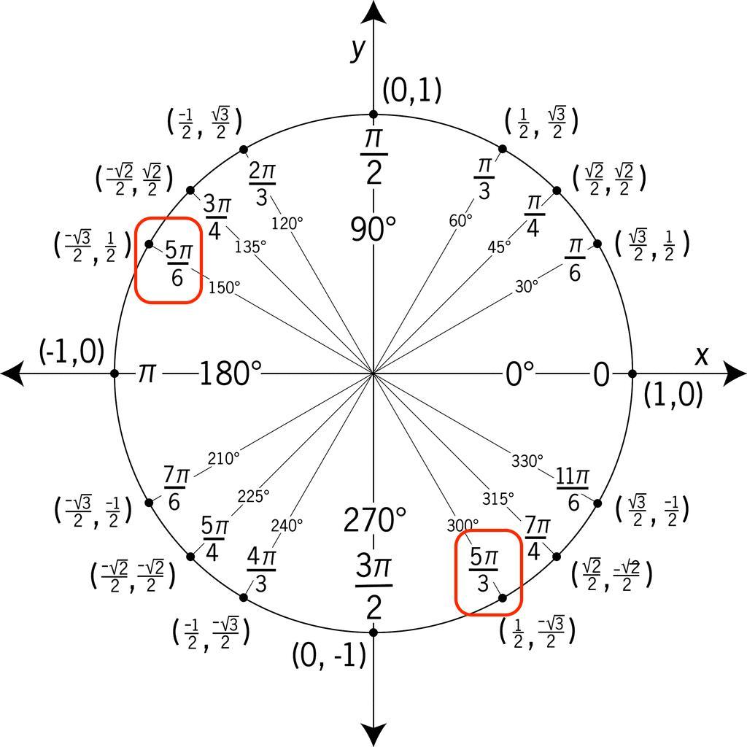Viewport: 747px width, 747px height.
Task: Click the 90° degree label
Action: [x=373, y=229]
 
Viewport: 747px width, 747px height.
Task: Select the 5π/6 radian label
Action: [x=177, y=263]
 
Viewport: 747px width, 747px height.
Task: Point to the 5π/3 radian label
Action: [x=483, y=570]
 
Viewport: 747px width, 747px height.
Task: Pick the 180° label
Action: [x=230, y=374]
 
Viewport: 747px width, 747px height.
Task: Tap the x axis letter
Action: [x=702, y=355]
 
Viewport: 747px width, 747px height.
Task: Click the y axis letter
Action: [x=357, y=48]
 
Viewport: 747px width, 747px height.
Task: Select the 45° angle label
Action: [x=499, y=247]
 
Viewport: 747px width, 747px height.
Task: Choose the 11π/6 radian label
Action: [x=573, y=489]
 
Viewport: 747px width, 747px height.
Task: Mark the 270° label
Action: [x=374, y=521]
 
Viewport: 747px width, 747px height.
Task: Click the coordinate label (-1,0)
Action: [x=71, y=352]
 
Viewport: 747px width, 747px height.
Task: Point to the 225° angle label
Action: [x=253, y=495]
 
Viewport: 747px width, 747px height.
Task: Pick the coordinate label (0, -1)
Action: [x=328, y=656]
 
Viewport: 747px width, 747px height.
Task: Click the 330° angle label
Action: [x=527, y=461]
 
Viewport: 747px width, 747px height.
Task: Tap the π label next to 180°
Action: [x=147, y=374]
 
